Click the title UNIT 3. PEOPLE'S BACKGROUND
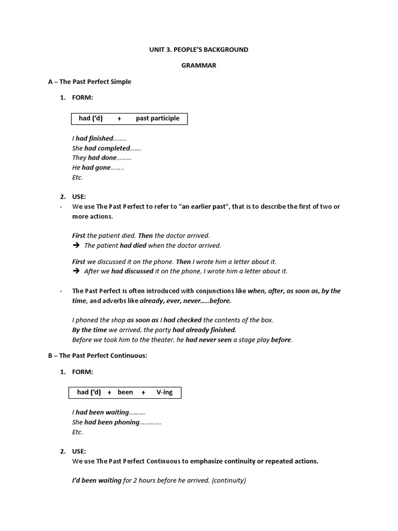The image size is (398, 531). pyautogui.click(x=199, y=50)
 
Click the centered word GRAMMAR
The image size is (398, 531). pyautogui.click(x=199, y=66)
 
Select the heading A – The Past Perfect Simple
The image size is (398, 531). pyautogui.click(x=90, y=82)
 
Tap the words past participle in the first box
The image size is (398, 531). pyautogui.click(x=158, y=118)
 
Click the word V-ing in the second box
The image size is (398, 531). pyautogui.click(x=164, y=392)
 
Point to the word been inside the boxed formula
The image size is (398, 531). pyautogui.click(x=125, y=392)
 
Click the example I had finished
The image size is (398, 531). pyautogui.click(x=98, y=138)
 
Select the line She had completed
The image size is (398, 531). pyautogui.click(x=106, y=148)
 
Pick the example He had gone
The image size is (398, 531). pyautogui.click(x=97, y=167)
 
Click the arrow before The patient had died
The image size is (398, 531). pyautogui.click(x=76, y=245)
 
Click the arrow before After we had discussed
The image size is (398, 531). pyautogui.click(x=76, y=271)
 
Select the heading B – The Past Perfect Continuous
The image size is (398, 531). pyautogui.click(x=97, y=356)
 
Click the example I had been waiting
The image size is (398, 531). pyautogui.click(x=108, y=412)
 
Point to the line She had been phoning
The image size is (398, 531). pyautogui.click(x=116, y=422)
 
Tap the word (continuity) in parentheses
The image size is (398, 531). pyautogui.click(x=229, y=480)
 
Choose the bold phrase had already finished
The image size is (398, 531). pyautogui.click(x=204, y=330)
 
